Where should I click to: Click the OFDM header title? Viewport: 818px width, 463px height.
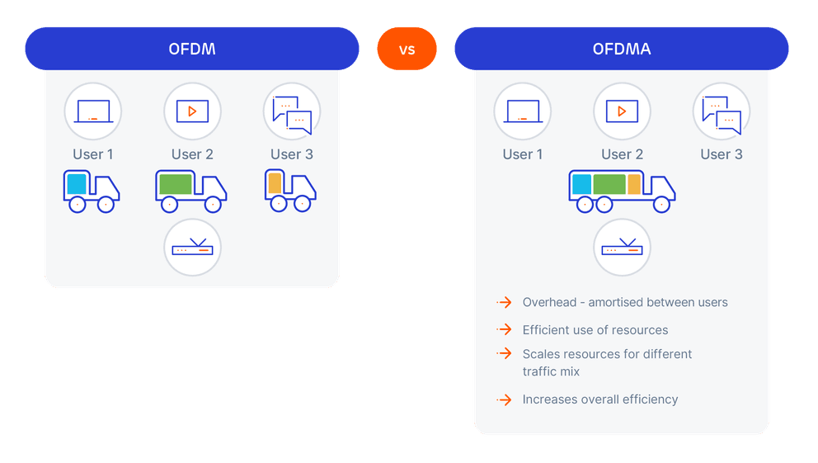pyautogui.click(x=191, y=49)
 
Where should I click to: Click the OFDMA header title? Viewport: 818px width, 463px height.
pyautogui.click(x=621, y=49)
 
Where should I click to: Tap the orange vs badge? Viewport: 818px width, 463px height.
pyautogui.click(x=407, y=50)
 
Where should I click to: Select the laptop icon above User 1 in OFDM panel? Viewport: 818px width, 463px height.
pyautogui.click(x=93, y=111)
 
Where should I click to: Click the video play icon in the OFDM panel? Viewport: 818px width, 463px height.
pyautogui.click(x=192, y=111)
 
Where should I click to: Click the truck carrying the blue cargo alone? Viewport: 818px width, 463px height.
pyautogui.click(x=92, y=190)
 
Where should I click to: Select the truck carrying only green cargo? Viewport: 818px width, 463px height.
pyautogui.click(x=190, y=190)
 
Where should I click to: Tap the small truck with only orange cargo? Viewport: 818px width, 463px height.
pyautogui.click(x=289, y=190)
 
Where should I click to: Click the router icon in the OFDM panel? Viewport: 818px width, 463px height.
pyautogui.click(x=192, y=247)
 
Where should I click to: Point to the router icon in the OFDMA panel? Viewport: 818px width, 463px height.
pyautogui.click(x=622, y=247)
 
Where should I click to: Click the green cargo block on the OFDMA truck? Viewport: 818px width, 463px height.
pyautogui.click(x=609, y=183)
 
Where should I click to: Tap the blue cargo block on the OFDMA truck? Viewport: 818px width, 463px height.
pyautogui.click(x=581, y=183)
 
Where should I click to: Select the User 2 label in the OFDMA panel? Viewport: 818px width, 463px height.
pyautogui.click(x=622, y=154)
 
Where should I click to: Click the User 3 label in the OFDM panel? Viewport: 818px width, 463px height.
pyautogui.click(x=292, y=154)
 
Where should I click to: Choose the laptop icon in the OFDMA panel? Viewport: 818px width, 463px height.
pyautogui.click(x=523, y=111)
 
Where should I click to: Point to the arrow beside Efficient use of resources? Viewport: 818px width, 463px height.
pyautogui.click(x=504, y=329)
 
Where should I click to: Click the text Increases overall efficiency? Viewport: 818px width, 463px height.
pyautogui.click(x=600, y=399)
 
